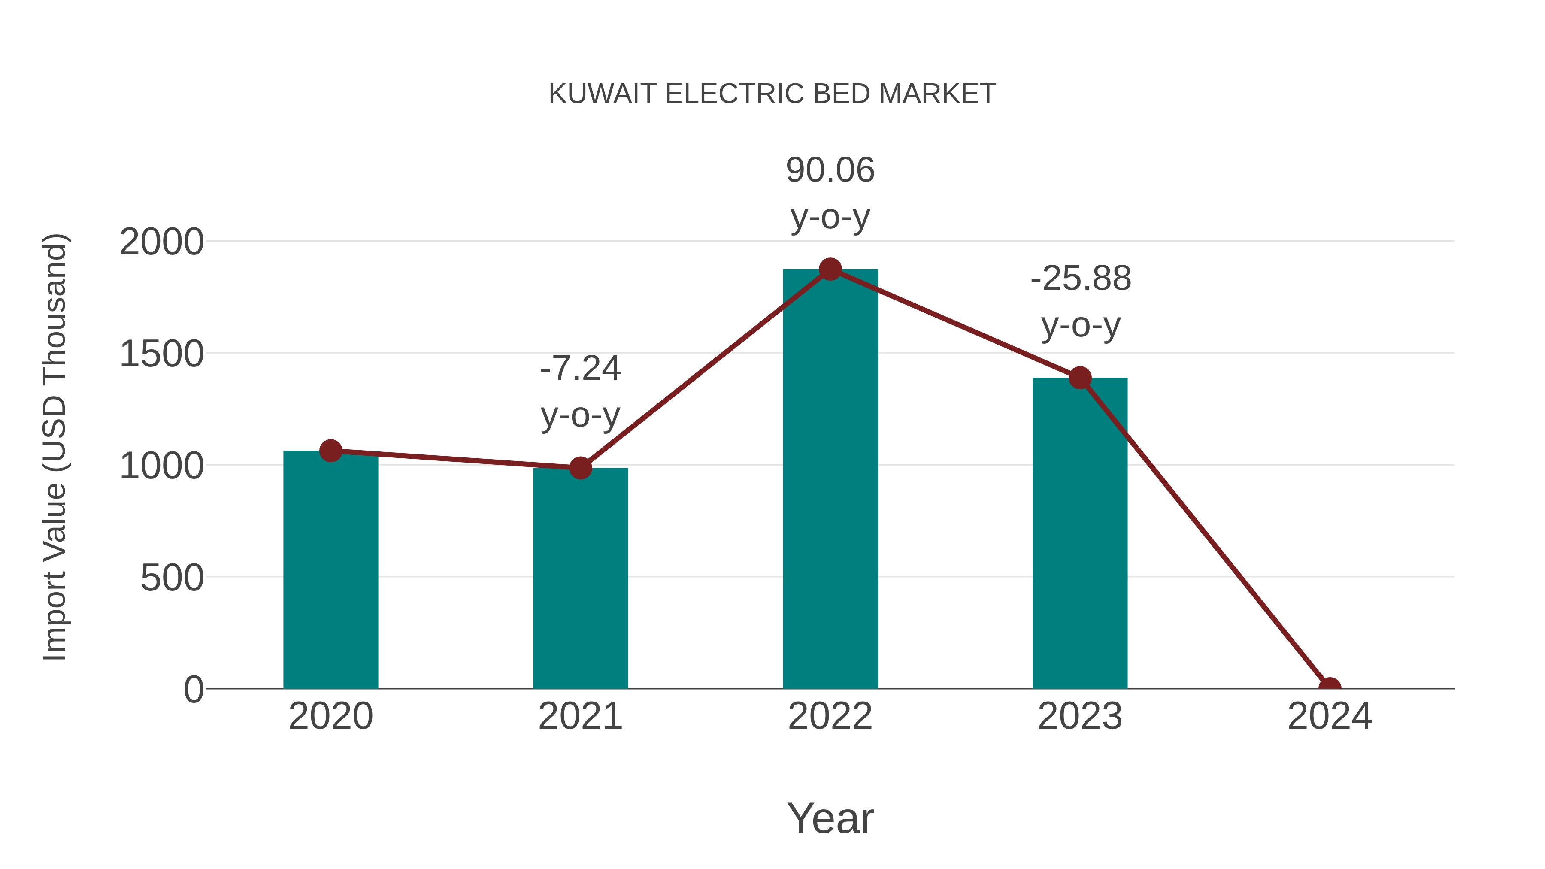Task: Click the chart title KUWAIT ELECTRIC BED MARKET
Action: pyautogui.click(x=772, y=94)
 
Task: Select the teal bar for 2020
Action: pyautogui.click(x=330, y=570)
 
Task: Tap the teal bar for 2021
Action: pyautogui.click(x=580, y=579)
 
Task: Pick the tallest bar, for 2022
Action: pyautogui.click(x=830, y=480)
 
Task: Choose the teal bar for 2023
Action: pyautogui.click(x=1080, y=534)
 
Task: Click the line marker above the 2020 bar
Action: pyautogui.click(x=330, y=451)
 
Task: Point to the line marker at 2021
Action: pyautogui.click(x=580, y=468)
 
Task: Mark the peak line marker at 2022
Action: pyautogui.click(x=830, y=269)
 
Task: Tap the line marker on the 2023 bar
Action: pyautogui.click(x=1080, y=378)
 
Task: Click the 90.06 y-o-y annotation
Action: pyautogui.click(x=830, y=193)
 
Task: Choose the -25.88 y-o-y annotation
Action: pyautogui.click(x=1080, y=302)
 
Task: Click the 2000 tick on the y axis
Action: pyautogui.click(x=161, y=242)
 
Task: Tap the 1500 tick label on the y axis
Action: pyautogui.click(x=161, y=354)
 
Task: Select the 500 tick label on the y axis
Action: pyautogui.click(x=172, y=578)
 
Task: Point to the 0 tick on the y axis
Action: pyautogui.click(x=194, y=689)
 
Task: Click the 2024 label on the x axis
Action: pyautogui.click(x=1329, y=716)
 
